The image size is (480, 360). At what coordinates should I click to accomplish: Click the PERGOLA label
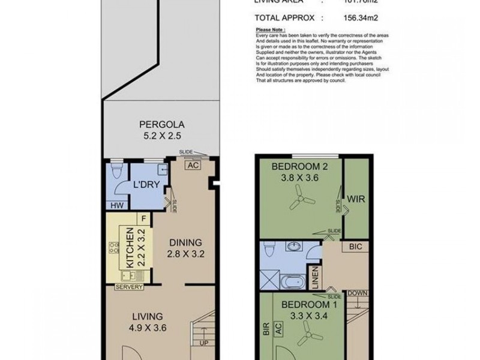[x=161, y=125]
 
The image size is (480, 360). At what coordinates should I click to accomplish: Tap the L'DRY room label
[x=145, y=185]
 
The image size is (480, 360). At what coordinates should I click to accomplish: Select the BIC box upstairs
[x=355, y=247]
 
